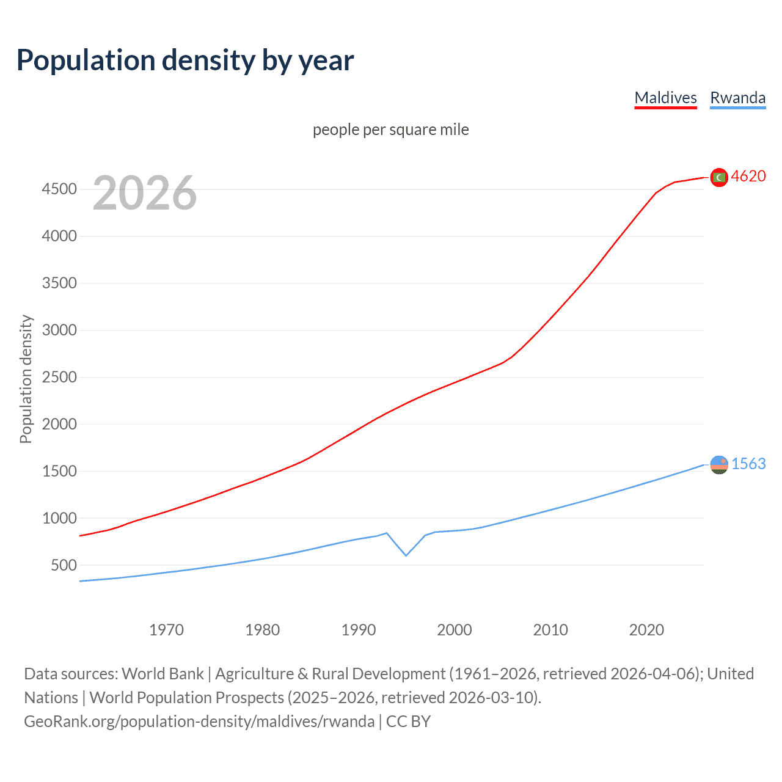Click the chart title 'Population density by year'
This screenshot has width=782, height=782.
pyautogui.click(x=185, y=60)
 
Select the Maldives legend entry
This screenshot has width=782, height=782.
pyautogui.click(x=665, y=98)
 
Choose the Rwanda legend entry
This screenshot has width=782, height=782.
pyautogui.click(x=737, y=98)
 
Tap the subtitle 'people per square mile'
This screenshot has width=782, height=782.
pyautogui.click(x=390, y=130)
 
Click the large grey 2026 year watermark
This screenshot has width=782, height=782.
pyautogui.click(x=145, y=193)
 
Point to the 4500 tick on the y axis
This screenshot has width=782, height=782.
pyautogui.click(x=59, y=189)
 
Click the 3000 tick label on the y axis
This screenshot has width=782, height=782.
pyautogui.click(x=59, y=331)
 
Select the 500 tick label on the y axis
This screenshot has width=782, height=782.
pyautogui.click(x=64, y=565)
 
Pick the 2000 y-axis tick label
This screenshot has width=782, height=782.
pyautogui.click(x=59, y=424)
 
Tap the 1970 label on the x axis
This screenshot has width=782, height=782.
pyautogui.click(x=166, y=630)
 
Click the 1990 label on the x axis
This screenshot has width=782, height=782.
pyautogui.click(x=359, y=630)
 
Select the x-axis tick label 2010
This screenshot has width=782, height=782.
pyautogui.click(x=550, y=630)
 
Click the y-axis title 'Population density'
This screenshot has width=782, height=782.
pyautogui.click(x=26, y=379)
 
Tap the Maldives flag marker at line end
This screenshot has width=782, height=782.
pyautogui.click(x=719, y=177)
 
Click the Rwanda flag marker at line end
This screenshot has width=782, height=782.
pyautogui.click(x=719, y=465)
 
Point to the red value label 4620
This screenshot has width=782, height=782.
pyautogui.click(x=748, y=176)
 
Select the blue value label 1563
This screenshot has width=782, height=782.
pyautogui.click(x=748, y=464)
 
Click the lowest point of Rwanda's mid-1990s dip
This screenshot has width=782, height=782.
pyautogui.click(x=406, y=555)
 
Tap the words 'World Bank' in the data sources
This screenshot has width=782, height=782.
pyautogui.click(x=163, y=674)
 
